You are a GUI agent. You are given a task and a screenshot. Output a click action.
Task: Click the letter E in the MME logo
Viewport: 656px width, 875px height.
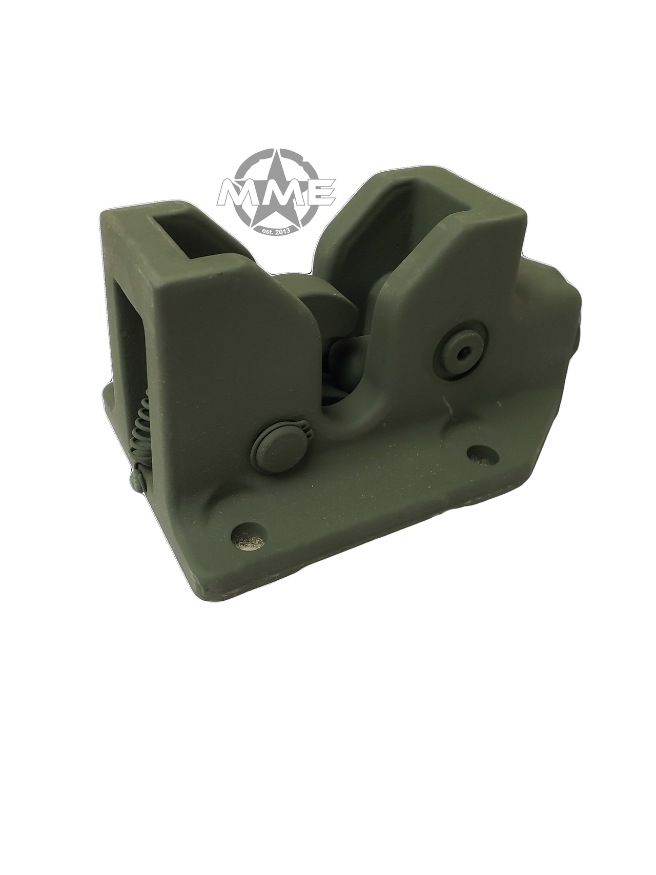(321, 192)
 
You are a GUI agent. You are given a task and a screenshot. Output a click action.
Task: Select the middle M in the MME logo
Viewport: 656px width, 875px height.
(280, 193)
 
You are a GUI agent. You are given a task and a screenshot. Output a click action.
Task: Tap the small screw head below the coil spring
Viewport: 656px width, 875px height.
(135, 481)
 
